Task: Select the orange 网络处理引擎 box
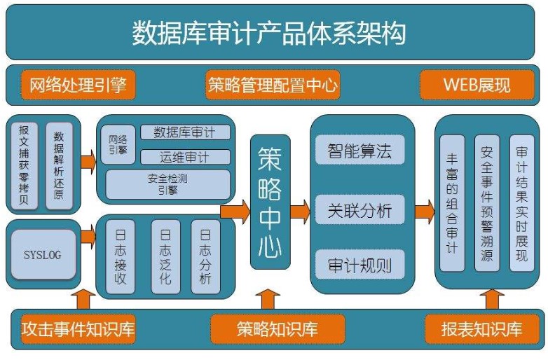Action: point(78,85)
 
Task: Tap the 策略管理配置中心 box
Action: point(273,85)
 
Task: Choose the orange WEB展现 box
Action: point(477,85)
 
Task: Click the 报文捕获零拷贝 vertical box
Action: point(25,166)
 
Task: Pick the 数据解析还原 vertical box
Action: point(59,166)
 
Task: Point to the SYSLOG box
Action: point(43,254)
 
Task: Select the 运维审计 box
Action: point(185,156)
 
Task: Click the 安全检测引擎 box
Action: point(167,184)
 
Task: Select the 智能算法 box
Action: point(359,150)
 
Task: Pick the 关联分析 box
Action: point(359,209)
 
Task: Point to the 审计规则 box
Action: point(359,266)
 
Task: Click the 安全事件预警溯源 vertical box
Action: point(487,203)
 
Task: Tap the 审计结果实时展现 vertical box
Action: point(521,203)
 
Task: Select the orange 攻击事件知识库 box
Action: point(78,329)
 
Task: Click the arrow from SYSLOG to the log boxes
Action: point(88,235)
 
